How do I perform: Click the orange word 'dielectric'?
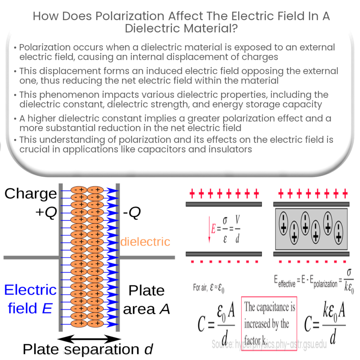[x=145, y=242]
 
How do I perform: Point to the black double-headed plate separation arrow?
[x=89, y=339]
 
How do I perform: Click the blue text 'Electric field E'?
[x=30, y=299]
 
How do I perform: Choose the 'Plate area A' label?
[x=146, y=300]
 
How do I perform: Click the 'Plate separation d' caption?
[x=88, y=349]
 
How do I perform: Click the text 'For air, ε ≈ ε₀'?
[x=209, y=288]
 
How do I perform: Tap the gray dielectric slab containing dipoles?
[x=311, y=228]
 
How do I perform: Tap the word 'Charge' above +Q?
[x=31, y=193]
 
